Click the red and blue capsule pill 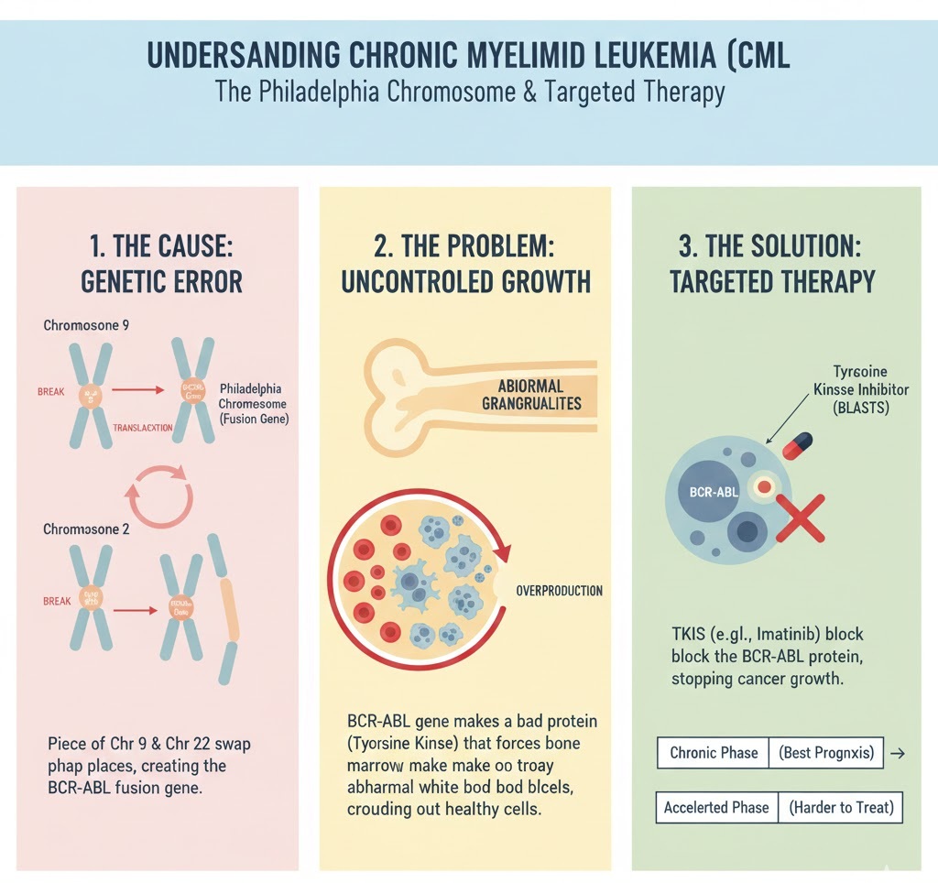[797, 445]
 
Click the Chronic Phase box [714, 753]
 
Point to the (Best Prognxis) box [827, 753]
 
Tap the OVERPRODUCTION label [560, 591]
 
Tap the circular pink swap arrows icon [159, 495]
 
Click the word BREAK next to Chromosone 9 [52, 391]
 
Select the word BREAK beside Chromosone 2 [57, 602]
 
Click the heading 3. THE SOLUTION [774, 247]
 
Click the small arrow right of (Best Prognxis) [898, 753]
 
